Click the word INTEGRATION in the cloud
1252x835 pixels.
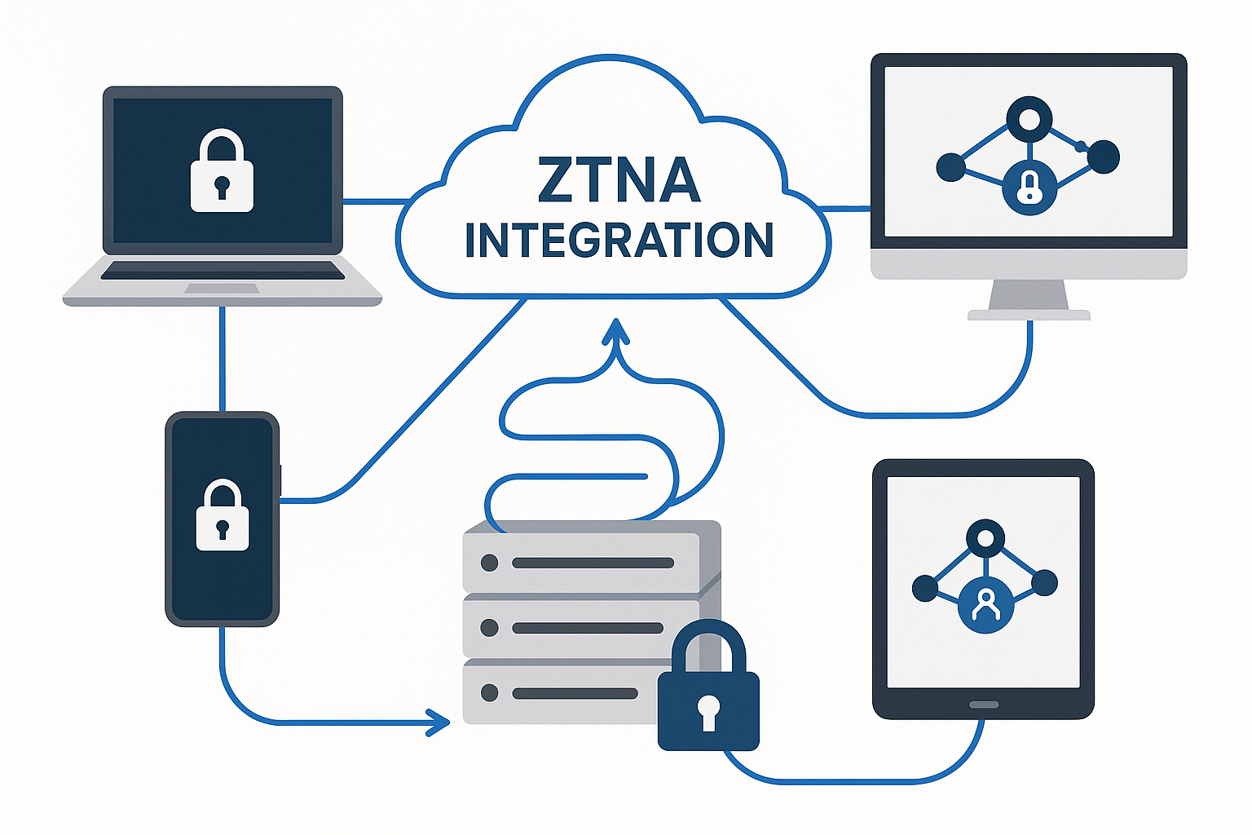pyautogui.click(x=619, y=241)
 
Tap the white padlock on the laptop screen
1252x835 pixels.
pyautogui.click(x=222, y=173)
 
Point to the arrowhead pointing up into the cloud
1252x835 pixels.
pyautogui.click(x=616, y=329)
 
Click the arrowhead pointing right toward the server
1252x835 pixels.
pyautogui.click(x=440, y=722)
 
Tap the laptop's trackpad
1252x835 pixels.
pyautogui.click(x=222, y=289)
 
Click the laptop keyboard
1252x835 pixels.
pyautogui.click(x=223, y=270)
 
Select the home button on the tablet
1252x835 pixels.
pyautogui.click(x=983, y=705)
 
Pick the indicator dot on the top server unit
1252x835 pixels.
pyautogui.click(x=490, y=563)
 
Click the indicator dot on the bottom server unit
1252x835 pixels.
pyautogui.click(x=490, y=693)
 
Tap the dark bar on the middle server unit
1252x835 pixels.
pyautogui.click(x=588, y=628)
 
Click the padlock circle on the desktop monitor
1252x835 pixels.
pyautogui.click(x=1029, y=188)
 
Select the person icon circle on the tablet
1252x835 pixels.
pyautogui.click(x=986, y=605)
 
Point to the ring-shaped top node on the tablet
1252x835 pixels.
pyautogui.click(x=985, y=538)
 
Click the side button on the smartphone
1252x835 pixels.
pyautogui.click(x=280, y=481)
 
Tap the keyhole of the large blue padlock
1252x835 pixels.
pyautogui.click(x=708, y=709)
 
